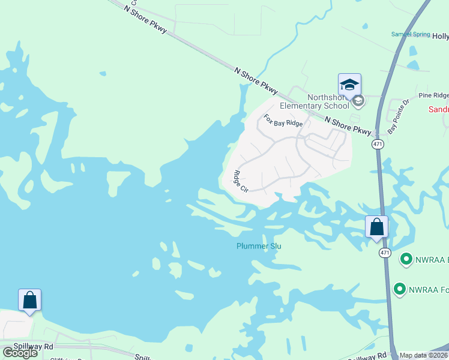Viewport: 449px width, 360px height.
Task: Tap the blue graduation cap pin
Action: point(349,85)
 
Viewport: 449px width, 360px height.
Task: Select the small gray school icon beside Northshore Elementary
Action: point(358,101)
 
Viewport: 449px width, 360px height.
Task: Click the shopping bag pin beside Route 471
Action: point(376,227)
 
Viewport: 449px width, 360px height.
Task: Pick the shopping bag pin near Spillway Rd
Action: point(29,300)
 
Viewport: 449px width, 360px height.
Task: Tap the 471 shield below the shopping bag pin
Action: point(385,253)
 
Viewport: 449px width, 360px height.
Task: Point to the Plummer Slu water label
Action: point(259,246)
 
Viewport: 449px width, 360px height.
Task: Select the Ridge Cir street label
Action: point(240,182)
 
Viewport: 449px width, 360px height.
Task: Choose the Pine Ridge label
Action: point(433,95)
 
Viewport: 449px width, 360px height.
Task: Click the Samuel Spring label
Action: point(411,34)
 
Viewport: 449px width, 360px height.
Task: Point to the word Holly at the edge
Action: point(440,36)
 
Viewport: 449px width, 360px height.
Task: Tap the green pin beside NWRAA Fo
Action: point(399,290)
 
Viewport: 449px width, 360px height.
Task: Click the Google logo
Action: point(20,352)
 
